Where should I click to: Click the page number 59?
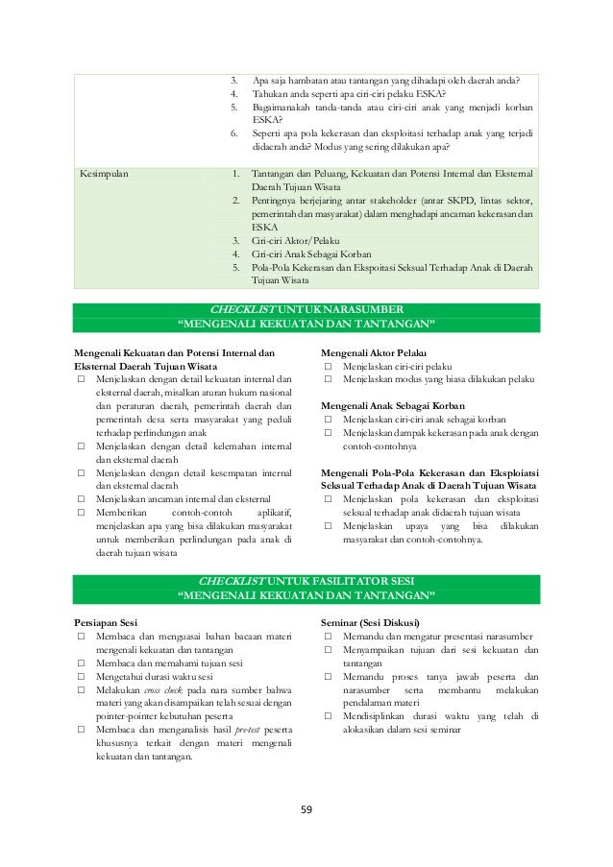pyautogui.click(x=306, y=807)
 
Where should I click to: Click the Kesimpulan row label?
pyautogui.click(x=109, y=174)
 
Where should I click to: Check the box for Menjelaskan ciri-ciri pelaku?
pyautogui.click(x=328, y=366)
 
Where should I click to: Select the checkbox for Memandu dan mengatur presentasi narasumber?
pyautogui.click(x=328, y=636)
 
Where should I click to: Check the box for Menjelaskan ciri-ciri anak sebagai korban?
pyautogui.click(x=328, y=420)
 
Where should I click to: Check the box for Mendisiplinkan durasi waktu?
pyautogui.click(x=328, y=716)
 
